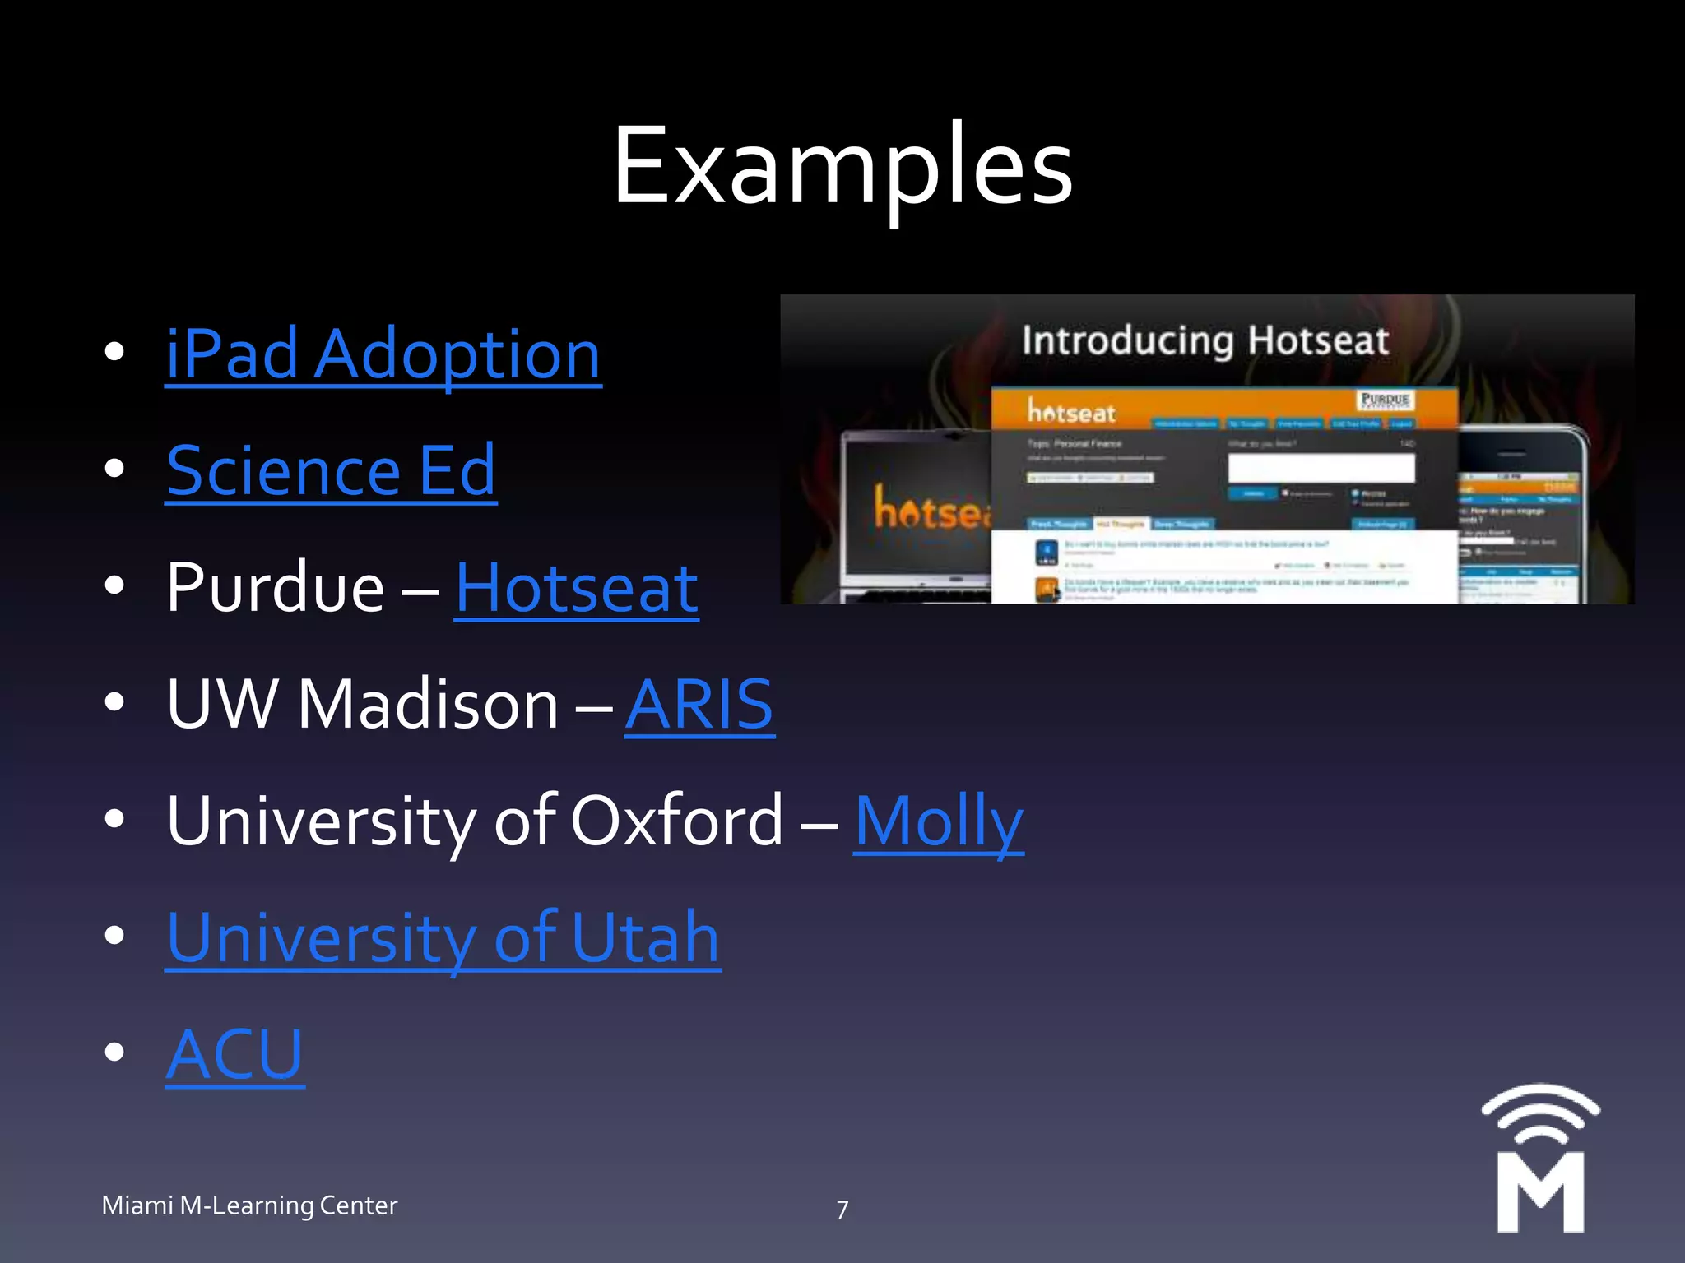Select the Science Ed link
331,471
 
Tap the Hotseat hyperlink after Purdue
576,588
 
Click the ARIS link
699,705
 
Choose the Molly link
938,821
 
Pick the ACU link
234,1055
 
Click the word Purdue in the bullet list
275,588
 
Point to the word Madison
428,705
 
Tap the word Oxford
676,821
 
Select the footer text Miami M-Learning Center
249,1205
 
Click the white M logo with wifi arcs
1540,1159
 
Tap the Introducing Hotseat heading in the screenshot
1205,340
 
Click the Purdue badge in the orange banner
1384,400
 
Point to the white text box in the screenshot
1321,469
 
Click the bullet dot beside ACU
114,1052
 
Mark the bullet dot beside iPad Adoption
114,351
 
